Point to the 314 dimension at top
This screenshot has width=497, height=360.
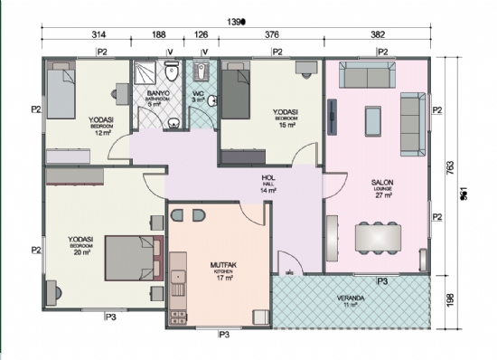pyautogui.click(x=86, y=35)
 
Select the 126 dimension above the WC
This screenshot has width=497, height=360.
pyautogui.click(x=202, y=35)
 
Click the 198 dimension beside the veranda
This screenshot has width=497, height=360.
pyautogui.click(x=449, y=300)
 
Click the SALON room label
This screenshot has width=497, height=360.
pyautogui.click(x=381, y=183)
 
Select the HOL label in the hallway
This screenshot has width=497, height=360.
pyautogui.click(x=267, y=178)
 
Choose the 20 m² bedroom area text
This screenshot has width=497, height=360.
pyautogui.click(x=82, y=252)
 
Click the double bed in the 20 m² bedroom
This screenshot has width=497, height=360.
pyautogui.click(x=132, y=258)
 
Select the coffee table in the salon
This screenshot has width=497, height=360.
pyautogui.click(x=372, y=118)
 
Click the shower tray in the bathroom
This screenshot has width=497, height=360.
pyautogui.click(x=144, y=74)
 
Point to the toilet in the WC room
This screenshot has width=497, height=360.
pyautogui.click(x=202, y=71)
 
